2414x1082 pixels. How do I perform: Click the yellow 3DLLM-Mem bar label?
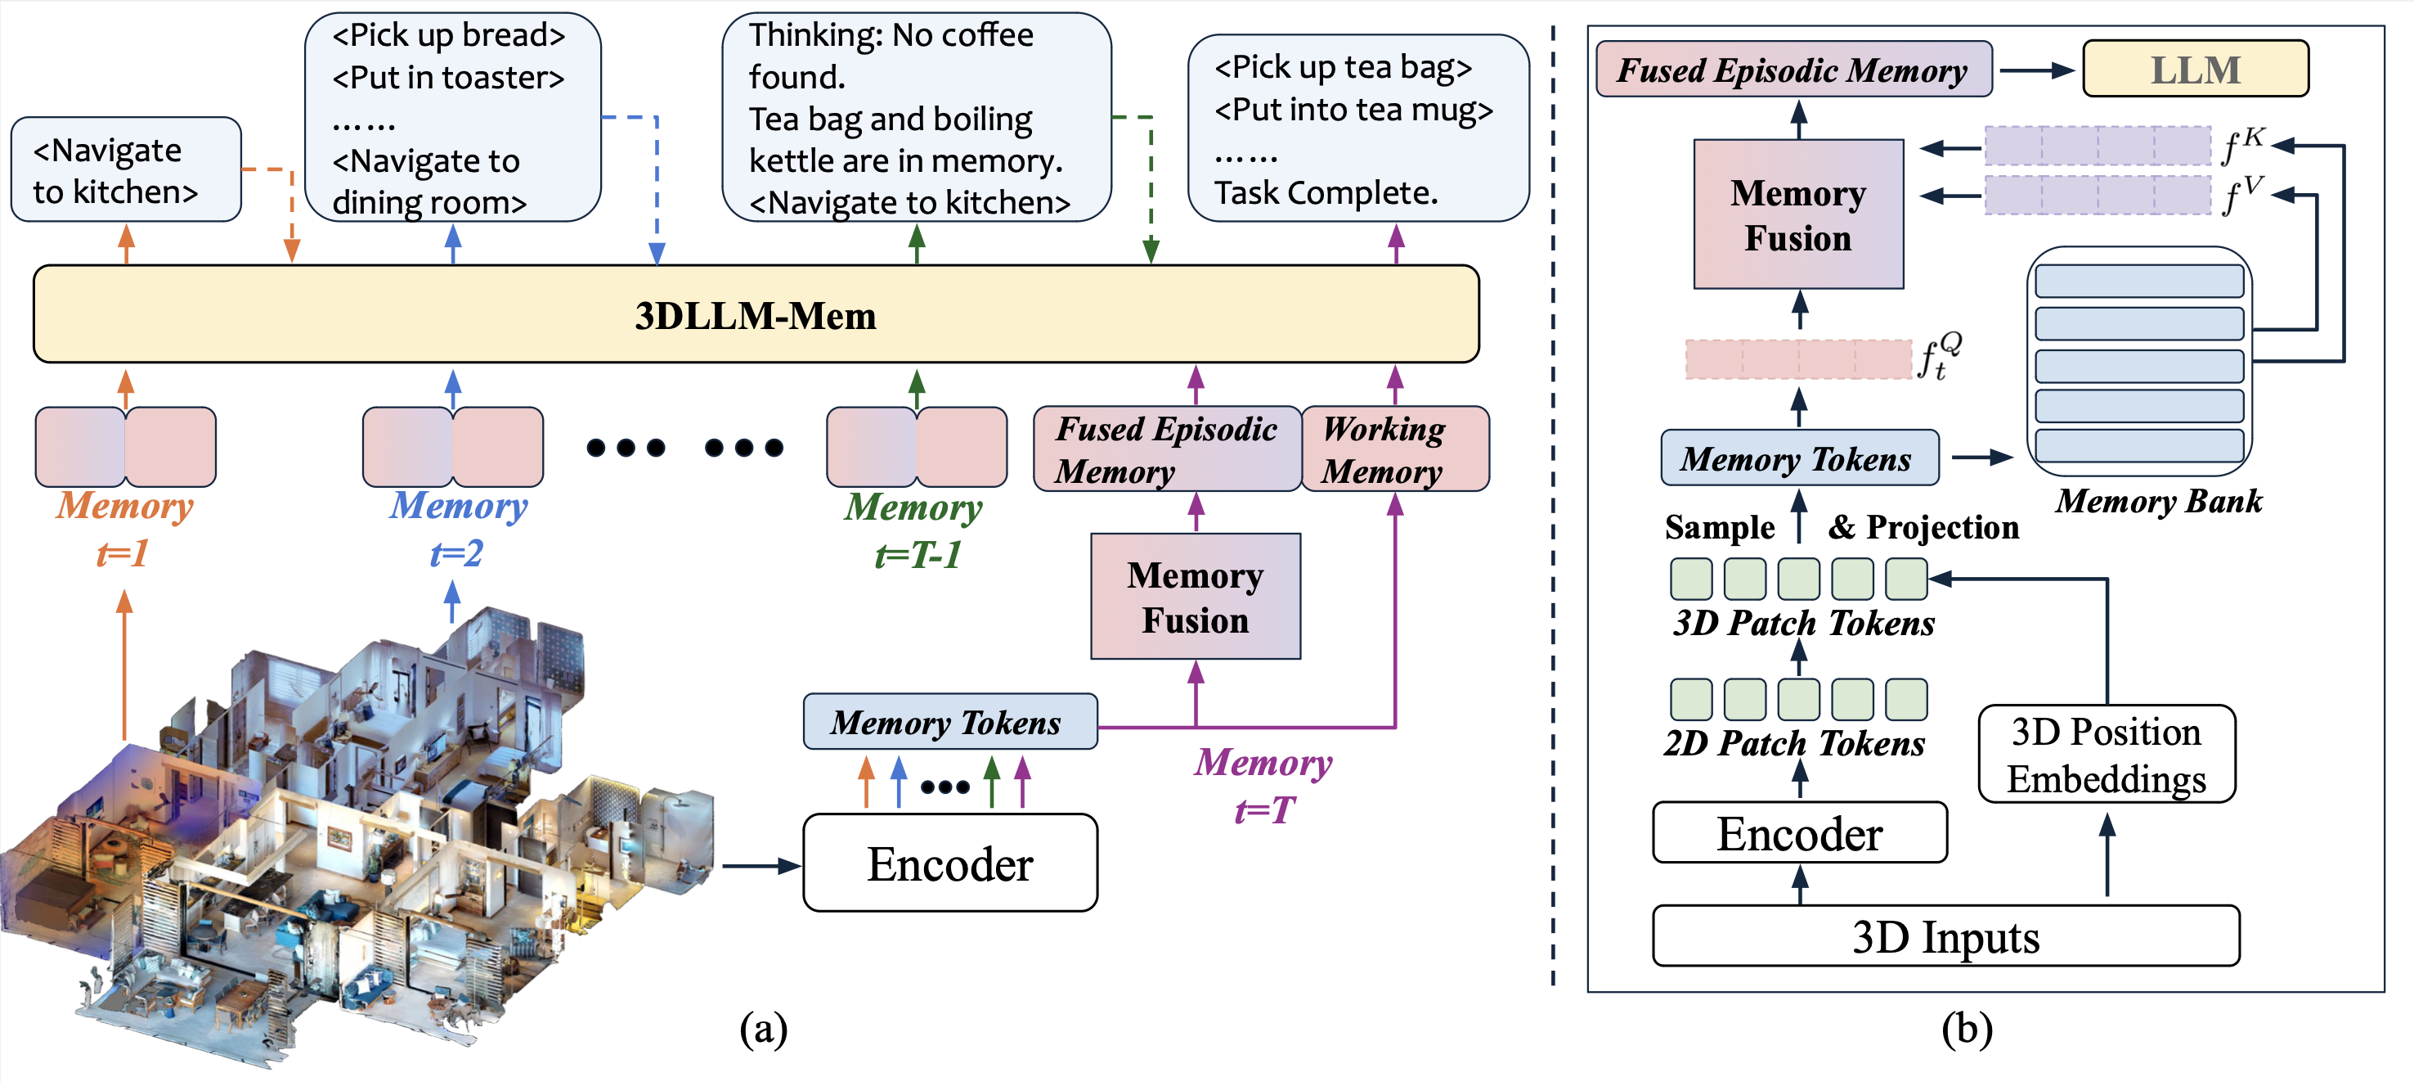tap(756, 316)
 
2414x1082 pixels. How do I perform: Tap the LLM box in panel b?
tap(2195, 69)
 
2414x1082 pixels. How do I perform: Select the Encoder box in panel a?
tap(950, 863)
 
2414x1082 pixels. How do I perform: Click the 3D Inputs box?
tap(1945, 935)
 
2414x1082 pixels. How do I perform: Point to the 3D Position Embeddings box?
tap(2107, 755)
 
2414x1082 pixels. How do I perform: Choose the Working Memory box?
tap(1395, 449)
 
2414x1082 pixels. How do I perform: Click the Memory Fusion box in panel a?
tap(1195, 597)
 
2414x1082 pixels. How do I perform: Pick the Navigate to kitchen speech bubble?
tap(126, 169)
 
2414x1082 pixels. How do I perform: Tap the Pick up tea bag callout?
tap(1357, 128)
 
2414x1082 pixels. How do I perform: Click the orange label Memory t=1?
tap(123, 529)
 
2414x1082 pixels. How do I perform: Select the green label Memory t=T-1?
tap(914, 530)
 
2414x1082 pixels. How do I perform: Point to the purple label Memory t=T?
tap(1263, 786)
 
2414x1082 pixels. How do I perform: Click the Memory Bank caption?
tap(2158, 502)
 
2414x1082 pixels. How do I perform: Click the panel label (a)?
tap(763, 1029)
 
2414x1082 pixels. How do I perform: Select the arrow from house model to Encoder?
tap(762, 865)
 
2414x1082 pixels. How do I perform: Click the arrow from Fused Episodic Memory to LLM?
tap(2036, 70)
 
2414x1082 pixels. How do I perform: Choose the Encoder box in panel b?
tap(1799, 832)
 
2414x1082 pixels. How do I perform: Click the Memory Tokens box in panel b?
tap(1799, 458)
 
